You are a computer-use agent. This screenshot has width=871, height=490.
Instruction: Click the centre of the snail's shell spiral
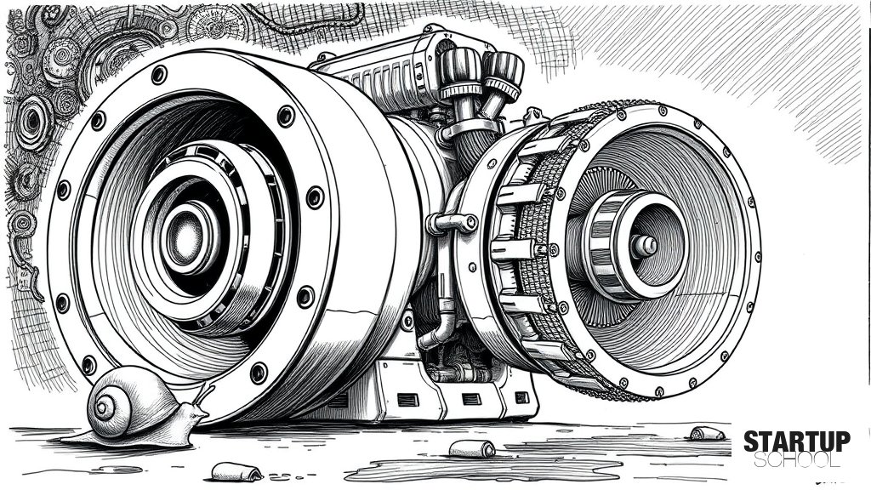click(x=104, y=409)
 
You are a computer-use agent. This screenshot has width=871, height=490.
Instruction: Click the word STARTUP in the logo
click(x=796, y=442)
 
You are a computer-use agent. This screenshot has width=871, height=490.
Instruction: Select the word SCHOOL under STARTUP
click(x=796, y=460)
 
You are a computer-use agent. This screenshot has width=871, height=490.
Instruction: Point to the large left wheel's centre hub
click(x=185, y=233)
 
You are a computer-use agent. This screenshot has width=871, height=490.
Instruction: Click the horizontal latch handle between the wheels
click(x=451, y=224)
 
